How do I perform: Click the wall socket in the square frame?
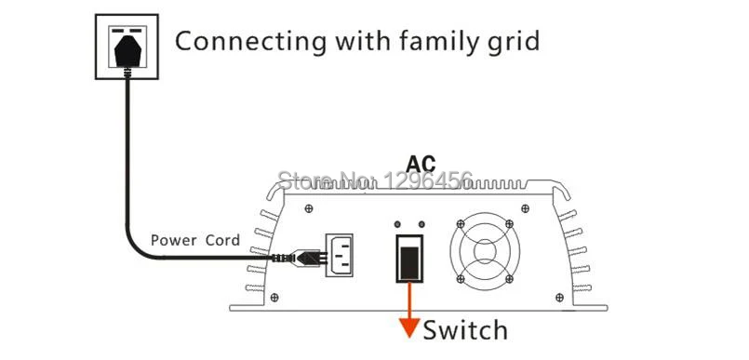[x=127, y=47]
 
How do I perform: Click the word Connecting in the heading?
[x=251, y=42]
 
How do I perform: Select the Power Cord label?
[x=195, y=240]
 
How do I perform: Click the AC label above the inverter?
[x=421, y=164]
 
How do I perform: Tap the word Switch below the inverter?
[x=465, y=330]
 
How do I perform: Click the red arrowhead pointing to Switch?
[x=408, y=327]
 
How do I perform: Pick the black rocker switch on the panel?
[x=409, y=258]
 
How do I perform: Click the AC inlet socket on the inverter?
[x=340, y=255]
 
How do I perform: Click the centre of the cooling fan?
[x=485, y=251]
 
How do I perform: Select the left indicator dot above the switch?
[x=397, y=224]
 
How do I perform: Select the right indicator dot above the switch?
[x=421, y=224]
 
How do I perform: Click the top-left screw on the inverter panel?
[x=309, y=208]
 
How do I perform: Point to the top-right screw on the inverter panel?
[x=525, y=208]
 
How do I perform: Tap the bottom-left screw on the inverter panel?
[x=274, y=298]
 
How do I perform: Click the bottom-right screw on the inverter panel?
[x=559, y=298]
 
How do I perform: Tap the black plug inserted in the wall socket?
[x=127, y=51]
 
